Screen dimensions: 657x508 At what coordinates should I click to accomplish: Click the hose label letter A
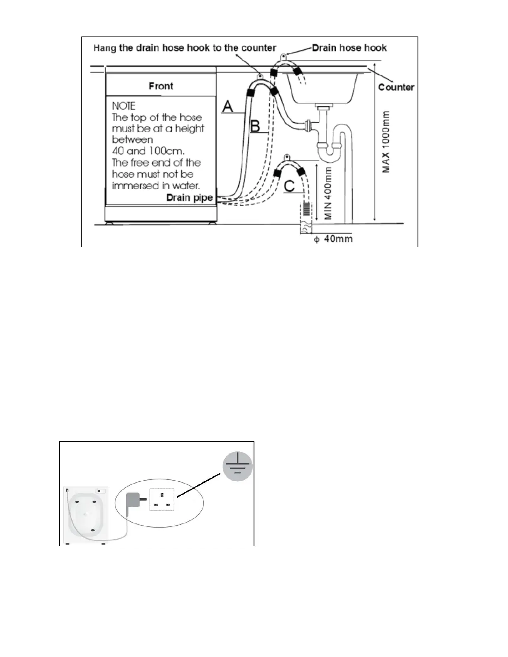(228, 107)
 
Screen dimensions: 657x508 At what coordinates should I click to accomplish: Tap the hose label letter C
(289, 186)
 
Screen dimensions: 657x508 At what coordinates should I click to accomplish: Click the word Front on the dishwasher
(161, 86)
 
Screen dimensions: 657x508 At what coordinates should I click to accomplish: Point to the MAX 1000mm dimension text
(386, 142)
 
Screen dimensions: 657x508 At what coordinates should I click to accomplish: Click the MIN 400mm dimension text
(329, 193)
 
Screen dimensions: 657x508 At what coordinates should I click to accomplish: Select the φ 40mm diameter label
(333, 239)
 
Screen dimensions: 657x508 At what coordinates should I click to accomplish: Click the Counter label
(396, 87)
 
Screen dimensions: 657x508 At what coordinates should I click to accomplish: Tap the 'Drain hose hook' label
(349, 48)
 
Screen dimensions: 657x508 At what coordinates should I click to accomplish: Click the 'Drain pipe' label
(190, 197)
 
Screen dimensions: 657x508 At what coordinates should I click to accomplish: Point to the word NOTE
(124, 106)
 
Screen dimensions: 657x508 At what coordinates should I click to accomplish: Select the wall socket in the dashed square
(162, 499)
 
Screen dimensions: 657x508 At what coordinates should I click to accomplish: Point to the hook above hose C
(286, 157)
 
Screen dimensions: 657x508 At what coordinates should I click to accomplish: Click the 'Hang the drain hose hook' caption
(185, 48)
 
